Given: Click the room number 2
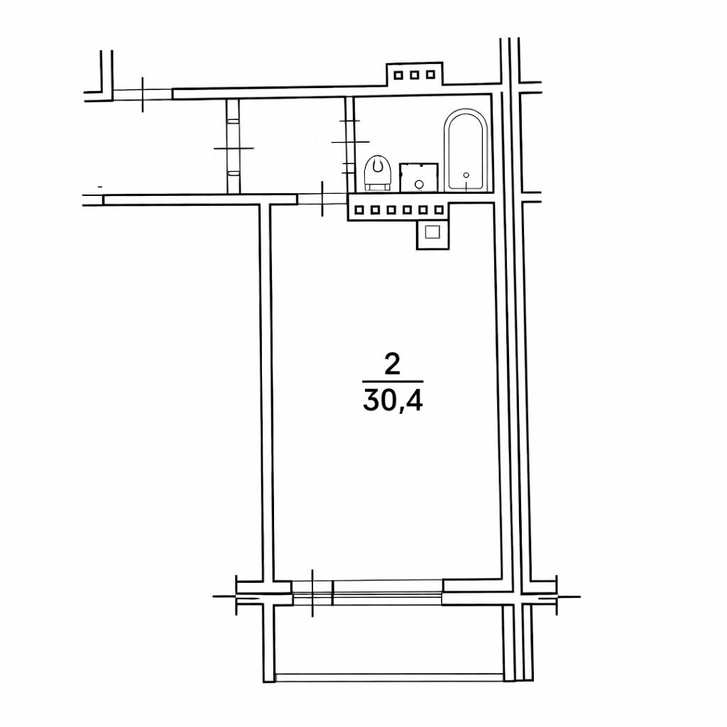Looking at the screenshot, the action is point(392,364).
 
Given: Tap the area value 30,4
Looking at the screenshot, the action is point(393,400).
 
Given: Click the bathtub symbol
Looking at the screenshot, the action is point(465,151).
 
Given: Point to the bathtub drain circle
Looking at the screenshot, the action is point(466,175).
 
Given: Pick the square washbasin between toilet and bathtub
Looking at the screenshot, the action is point(419,177).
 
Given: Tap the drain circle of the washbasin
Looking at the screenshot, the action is point(419,184).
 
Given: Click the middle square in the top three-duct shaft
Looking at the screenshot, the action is point(415,74).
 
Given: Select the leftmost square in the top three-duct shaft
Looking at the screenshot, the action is point(398,74).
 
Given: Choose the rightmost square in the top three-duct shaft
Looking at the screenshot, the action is point(431,74).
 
